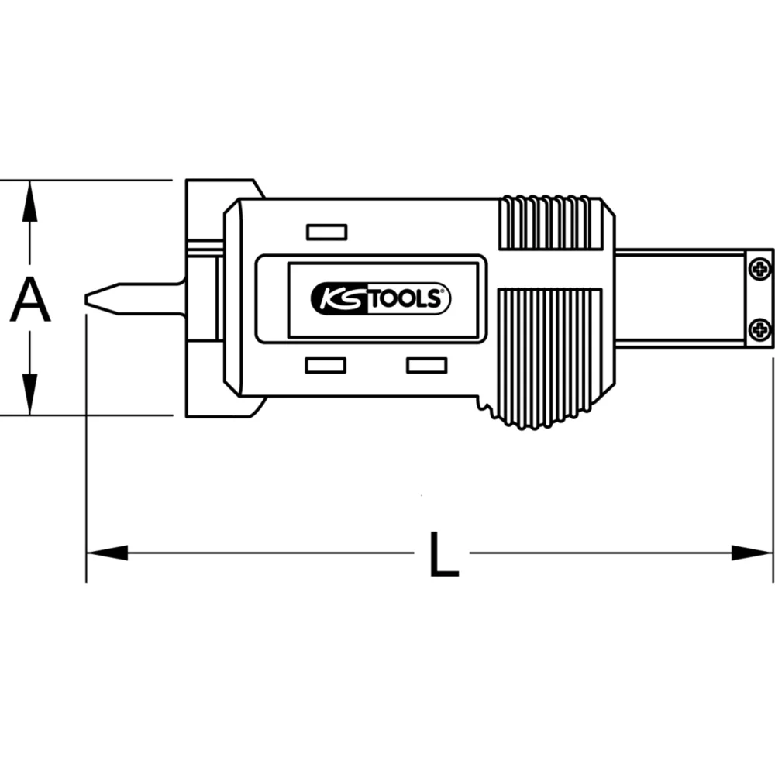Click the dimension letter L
(443, 553)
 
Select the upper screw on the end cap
(760, 269)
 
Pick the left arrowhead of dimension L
(106, 553)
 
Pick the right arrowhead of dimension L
(753, 553)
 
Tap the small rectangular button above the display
(326, 232)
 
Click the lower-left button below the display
(325, 365)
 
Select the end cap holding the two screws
(759, 298)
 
